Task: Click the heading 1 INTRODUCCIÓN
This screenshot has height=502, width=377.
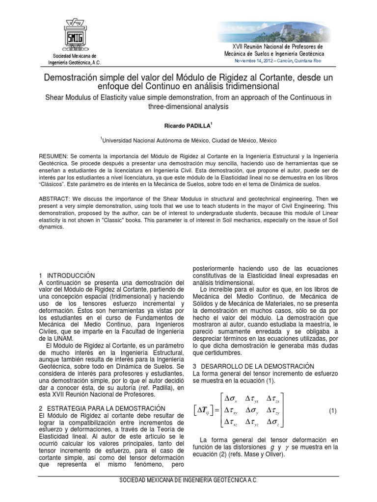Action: pos(66,276)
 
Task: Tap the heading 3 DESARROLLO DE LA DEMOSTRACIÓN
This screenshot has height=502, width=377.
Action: pos(253,366)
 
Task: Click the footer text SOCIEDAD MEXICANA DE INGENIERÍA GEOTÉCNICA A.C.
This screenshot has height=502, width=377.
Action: pos(188,481)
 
